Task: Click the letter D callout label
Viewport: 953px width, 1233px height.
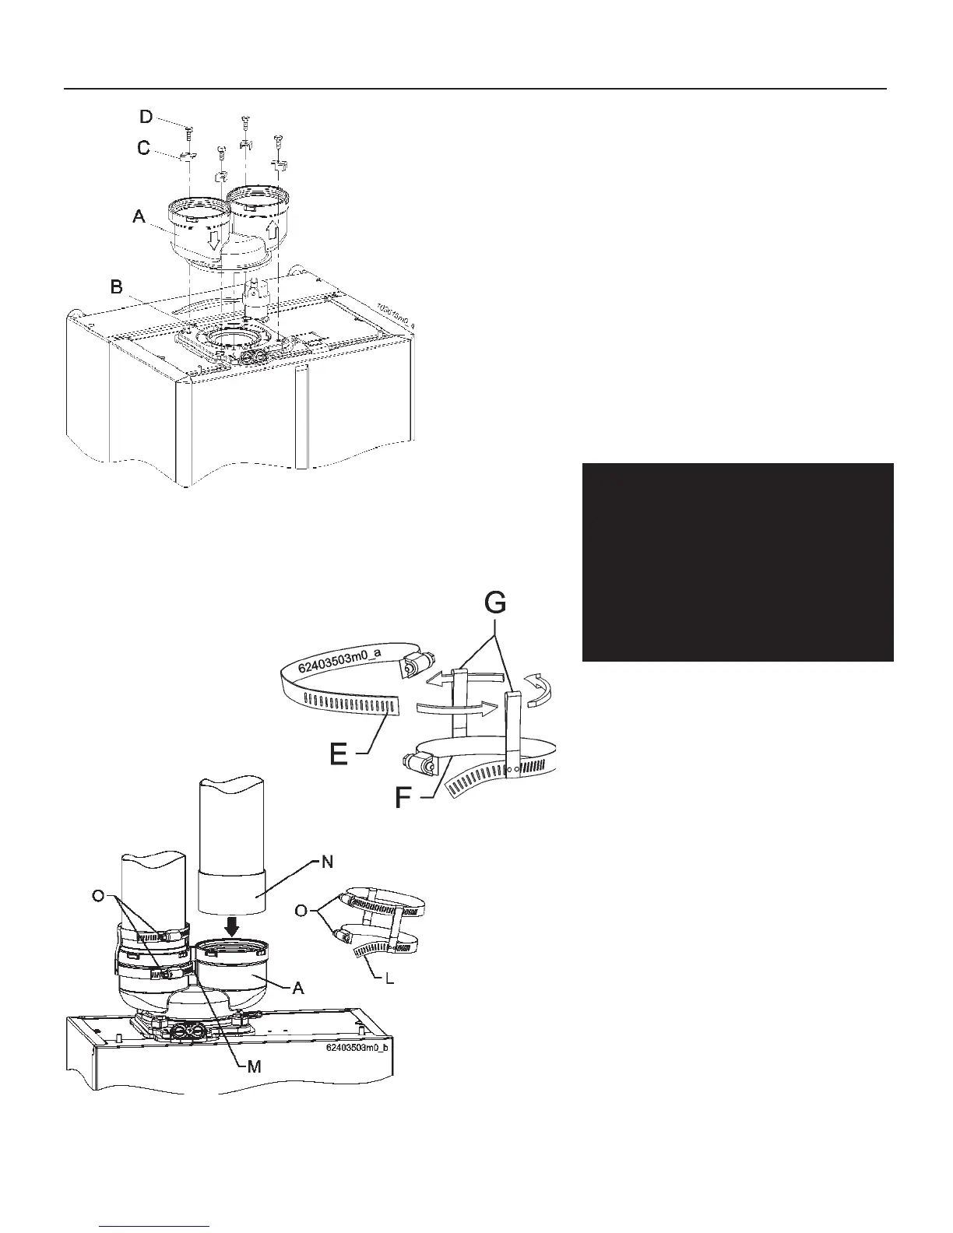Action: [x=146, y=117]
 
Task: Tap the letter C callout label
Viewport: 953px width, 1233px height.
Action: [x=144, y=147]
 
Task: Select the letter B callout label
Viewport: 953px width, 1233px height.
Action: [x=117, y=287]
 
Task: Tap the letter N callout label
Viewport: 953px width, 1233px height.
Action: [x=328, y=861]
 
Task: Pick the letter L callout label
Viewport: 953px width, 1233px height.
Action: [x=390, y=978]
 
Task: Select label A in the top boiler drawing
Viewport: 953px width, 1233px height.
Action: [x=139, y=217]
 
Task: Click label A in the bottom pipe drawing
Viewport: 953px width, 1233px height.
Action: [x=297, y=988]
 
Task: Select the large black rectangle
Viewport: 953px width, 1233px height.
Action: [x=737, y=562]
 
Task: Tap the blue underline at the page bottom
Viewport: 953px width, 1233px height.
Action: [x=156, y=1225]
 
